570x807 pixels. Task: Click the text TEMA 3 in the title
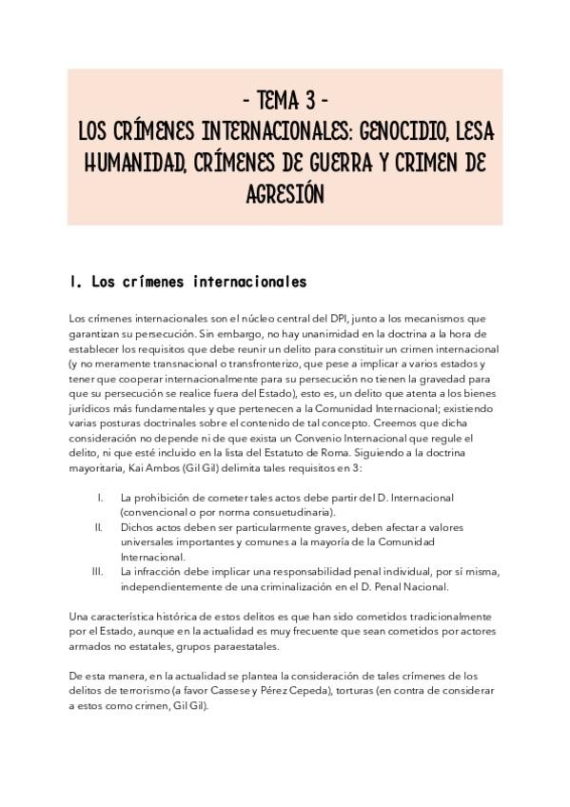click(285, 100)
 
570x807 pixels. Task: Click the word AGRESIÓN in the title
click(285, 193)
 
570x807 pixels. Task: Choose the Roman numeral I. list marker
click(101, 498)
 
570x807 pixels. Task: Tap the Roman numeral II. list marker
click(99, 525)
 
